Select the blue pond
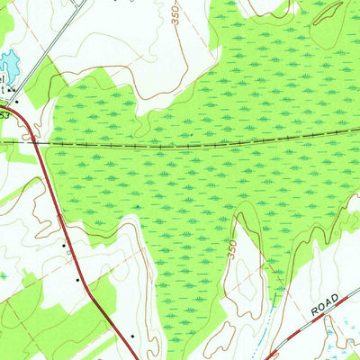[x=8, y=64]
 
